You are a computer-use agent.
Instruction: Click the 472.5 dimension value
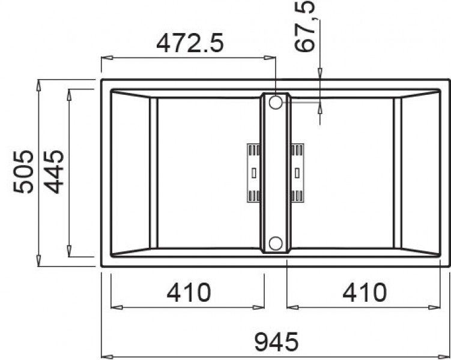pyautogui.click(x=190, y=43)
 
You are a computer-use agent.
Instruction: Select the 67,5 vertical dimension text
pyautogui.click(x=304, y=26)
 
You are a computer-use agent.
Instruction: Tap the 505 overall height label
pyautogui.click(x=23, y=172)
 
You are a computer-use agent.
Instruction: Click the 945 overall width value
pyautogui.click(x=277, y=342)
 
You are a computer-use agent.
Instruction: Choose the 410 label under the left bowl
pyautogui.click(x=189, y=292)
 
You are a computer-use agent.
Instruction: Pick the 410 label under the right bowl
pyautogui.click(x=365, y=292)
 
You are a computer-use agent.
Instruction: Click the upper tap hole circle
pyautogui.click(x=276, y=102)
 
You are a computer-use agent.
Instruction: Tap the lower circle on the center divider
pyautogui.click(x=276, y=244)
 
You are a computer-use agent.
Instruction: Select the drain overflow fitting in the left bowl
pyautogui.click(x=253, y=173)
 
